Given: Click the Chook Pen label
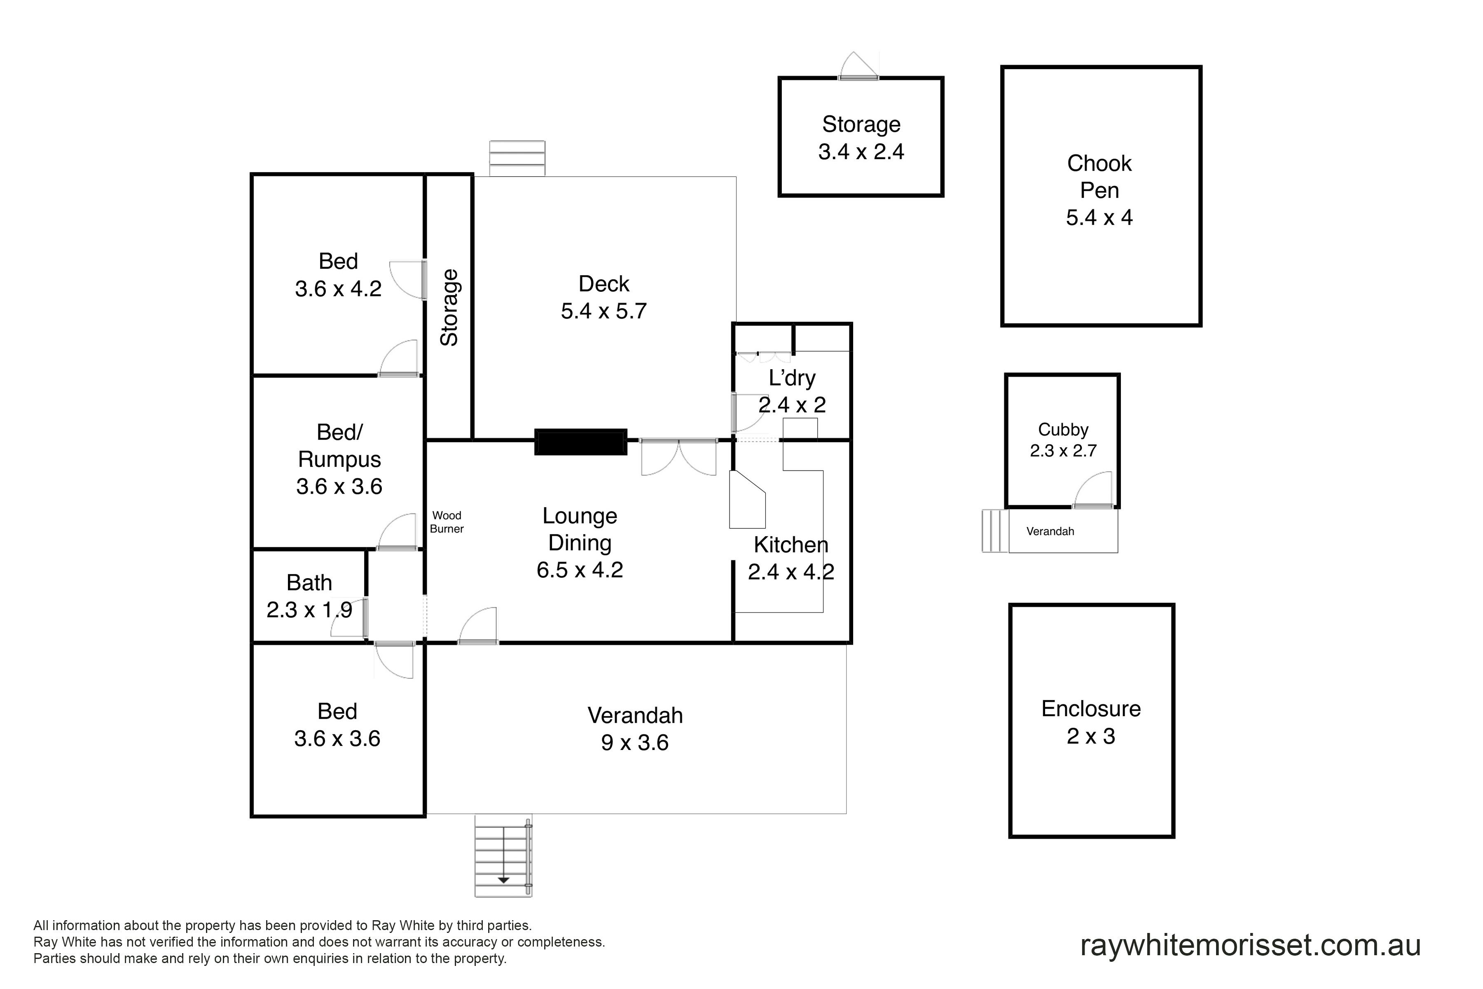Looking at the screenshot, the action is pyautogui.click(x=1099, y=177).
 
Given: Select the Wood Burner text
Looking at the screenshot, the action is pyautogui.click(x=447, y=522).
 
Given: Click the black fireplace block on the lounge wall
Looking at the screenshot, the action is pyautogui.click(x=580, y=441).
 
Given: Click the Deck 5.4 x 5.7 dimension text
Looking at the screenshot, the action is pyautogui.click(x=603, y=311).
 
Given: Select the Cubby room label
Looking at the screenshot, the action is pyautogui.click(x=1063, y=429).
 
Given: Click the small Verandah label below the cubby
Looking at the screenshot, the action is pyautogui.click(x=1050, y=531).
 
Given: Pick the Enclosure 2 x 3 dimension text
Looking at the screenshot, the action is pyautogui.click(x=1091, y=736).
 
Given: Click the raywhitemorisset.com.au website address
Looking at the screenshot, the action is pyautogui.click(x=1250, y=944).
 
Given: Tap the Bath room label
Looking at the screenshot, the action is pyautogui.click(x=309, y=583).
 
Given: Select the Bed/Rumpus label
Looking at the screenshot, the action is pyautogui.click(x=339, y=446).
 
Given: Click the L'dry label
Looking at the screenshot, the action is pyautogui.click(x=792, y=378).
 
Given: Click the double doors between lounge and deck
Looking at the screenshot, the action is pyautogui.click(x=678, y=457).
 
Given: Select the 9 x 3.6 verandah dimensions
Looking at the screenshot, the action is pyautogui.click(x=634, y=743).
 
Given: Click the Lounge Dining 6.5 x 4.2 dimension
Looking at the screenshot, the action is pyautogui.click(x=580, y=569).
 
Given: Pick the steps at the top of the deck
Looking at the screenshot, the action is pyautogui.click(x=517, y=158).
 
